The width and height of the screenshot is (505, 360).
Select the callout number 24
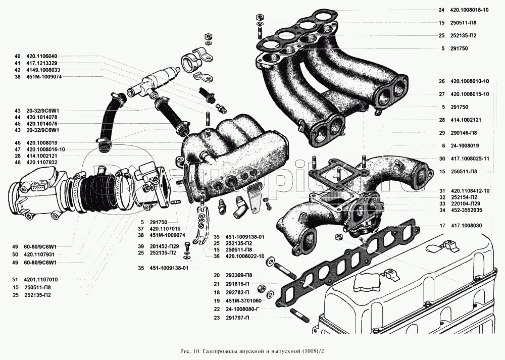[441, 10]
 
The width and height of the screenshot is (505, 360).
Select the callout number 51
[17, 279]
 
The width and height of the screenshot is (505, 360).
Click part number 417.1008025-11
[472, 159]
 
